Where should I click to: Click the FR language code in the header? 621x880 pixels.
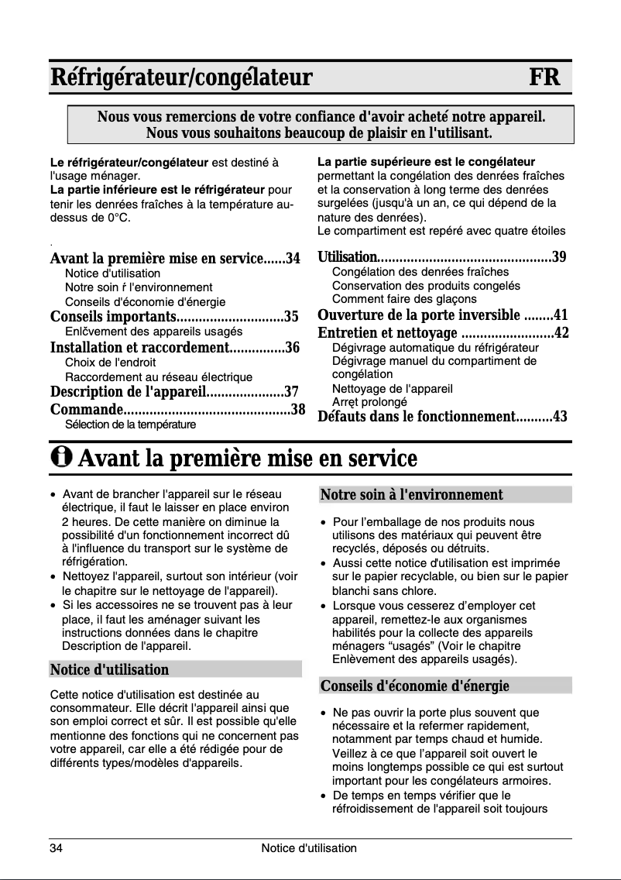click(x=544, y=78)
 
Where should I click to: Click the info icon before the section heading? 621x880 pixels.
click(x=61, y=459)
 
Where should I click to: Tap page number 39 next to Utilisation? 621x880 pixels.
click(x=559, y=257)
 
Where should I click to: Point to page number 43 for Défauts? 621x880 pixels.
click(x=559, y=417)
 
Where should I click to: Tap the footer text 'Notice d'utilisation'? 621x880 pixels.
click(x=309, y=848)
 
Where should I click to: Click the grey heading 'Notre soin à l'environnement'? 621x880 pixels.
click(x=411, y=495)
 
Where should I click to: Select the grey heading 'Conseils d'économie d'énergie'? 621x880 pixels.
click(x=414, y=686)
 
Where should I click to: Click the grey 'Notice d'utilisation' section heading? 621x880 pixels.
click(x=109, y=669)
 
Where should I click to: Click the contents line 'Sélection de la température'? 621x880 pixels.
click(x=130, y=425)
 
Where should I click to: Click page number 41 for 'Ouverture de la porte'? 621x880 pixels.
click(x=561, y=315)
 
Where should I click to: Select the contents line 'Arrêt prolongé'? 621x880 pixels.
click(x=369, y=402)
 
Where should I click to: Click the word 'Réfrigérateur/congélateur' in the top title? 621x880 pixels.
click(x=181, y=78)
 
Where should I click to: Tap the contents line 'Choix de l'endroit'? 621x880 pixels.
click(x=110, y=363)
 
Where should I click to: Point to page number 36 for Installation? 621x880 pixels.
click(x=292, y=348)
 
